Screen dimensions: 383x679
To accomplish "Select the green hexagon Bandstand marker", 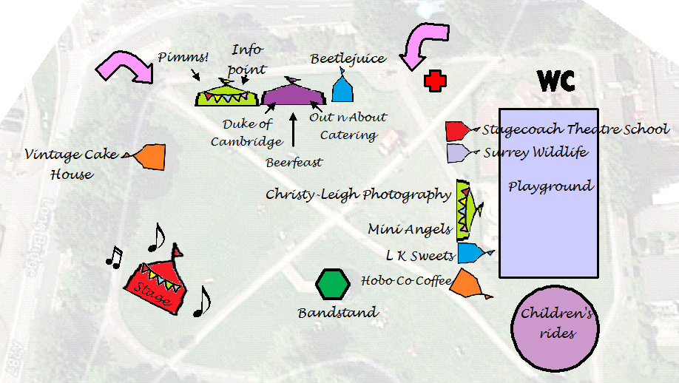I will pyautogui.click(x=332, y=284).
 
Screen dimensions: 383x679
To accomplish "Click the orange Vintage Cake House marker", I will pyautogui.click(x=150, y=156).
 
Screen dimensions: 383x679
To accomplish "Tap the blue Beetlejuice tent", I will pyautogui.click(x=341, y=89).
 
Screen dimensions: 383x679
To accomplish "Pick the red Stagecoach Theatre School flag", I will pyautogui.click(x=457, y=131).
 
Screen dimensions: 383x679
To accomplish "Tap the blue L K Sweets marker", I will pyautogui.click(x=470, y=254).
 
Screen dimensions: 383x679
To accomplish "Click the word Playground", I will pyautogui.click(x=550, y=186).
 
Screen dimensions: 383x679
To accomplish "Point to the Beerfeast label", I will pyautogui.click(x=294, y=161).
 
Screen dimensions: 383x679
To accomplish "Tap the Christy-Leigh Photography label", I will pyautogui.click(x=358, y=194).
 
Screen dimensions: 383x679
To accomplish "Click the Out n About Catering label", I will pyautogui.click(x=347, y=126).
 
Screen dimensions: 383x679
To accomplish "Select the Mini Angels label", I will pyautogui.click(x=409, y=230).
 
